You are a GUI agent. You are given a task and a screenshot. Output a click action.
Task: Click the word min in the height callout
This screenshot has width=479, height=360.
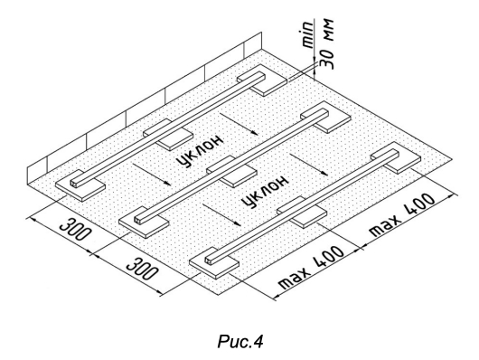tap(308, 34)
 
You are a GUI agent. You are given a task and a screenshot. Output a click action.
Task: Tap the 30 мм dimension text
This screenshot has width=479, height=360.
tap(327, 44)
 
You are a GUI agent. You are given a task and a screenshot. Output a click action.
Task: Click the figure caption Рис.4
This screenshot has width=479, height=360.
tap(240, 341)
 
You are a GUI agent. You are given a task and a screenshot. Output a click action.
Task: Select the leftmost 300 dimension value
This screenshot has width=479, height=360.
tap(75, 229)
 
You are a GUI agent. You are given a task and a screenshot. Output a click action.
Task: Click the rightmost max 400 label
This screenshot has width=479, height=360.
tap(402, 214)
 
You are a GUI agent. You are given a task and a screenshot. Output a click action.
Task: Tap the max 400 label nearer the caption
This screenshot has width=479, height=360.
tap(312, 268)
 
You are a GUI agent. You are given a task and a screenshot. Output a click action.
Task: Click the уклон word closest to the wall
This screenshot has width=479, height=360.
tap(201, 151)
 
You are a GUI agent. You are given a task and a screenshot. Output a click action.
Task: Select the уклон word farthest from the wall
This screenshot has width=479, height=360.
tap(265, 192)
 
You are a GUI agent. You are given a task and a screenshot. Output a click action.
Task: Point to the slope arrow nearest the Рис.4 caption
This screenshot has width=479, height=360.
tap(222, 215)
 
